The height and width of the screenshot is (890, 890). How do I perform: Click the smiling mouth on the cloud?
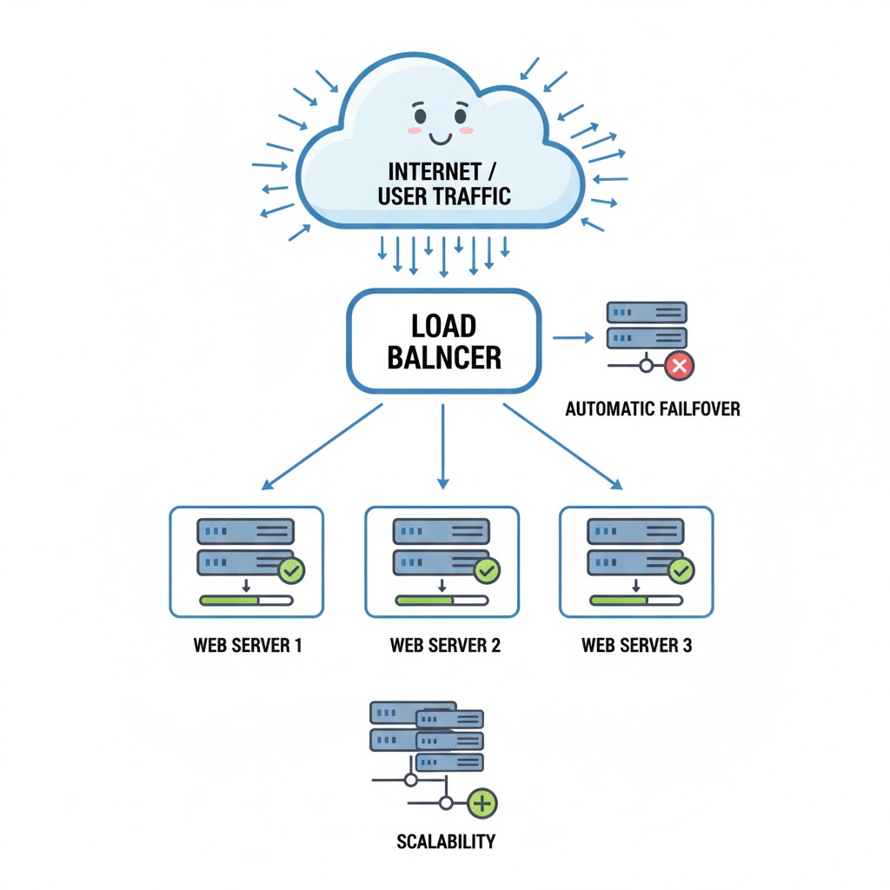(x=441, y=136)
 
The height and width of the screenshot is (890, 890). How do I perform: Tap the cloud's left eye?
(x=420, y=115)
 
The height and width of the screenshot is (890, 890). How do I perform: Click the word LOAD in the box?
(x=443, y=326)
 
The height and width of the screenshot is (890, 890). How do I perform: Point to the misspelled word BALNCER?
(x=444, y=356)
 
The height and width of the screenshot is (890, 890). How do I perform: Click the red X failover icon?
(x=679, y=366)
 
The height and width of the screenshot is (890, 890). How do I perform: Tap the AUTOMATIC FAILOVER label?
(x=653, y=408)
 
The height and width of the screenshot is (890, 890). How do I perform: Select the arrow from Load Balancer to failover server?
(x=569, y=337)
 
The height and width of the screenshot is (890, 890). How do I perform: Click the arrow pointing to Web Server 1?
(x=322, y=446)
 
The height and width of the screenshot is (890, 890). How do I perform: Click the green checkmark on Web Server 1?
(x=289, y=571)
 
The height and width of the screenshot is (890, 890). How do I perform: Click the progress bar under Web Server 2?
(x=442, y=600)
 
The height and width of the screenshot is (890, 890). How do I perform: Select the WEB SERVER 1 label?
(x=248, y=646)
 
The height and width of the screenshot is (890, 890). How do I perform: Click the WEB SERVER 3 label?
(x=636, y=646)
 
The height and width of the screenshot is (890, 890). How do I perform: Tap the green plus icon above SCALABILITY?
(x=482, y=804)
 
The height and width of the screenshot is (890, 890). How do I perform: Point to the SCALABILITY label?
(x=446, y=841)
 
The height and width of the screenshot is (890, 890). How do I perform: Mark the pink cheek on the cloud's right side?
(x=466, y=130)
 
